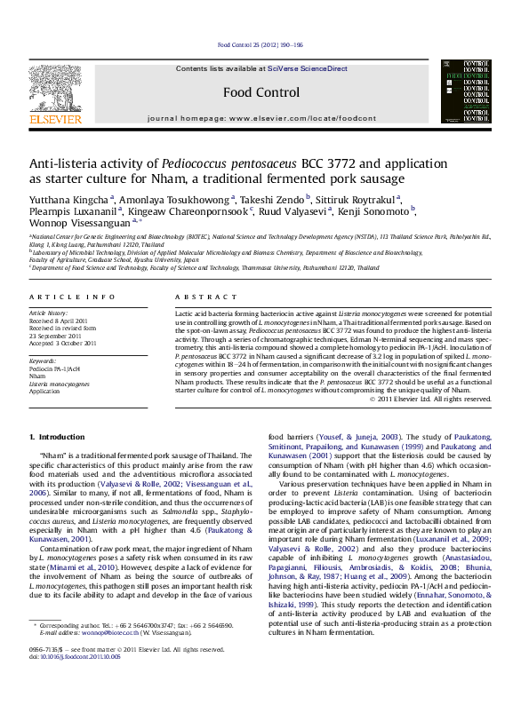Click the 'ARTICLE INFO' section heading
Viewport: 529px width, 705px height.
click(72, 297)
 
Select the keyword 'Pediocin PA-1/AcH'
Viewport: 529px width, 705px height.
click(55, 368)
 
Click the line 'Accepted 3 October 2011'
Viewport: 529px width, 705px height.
click(62, 343)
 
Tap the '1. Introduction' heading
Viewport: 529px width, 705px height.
click(58, 438)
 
